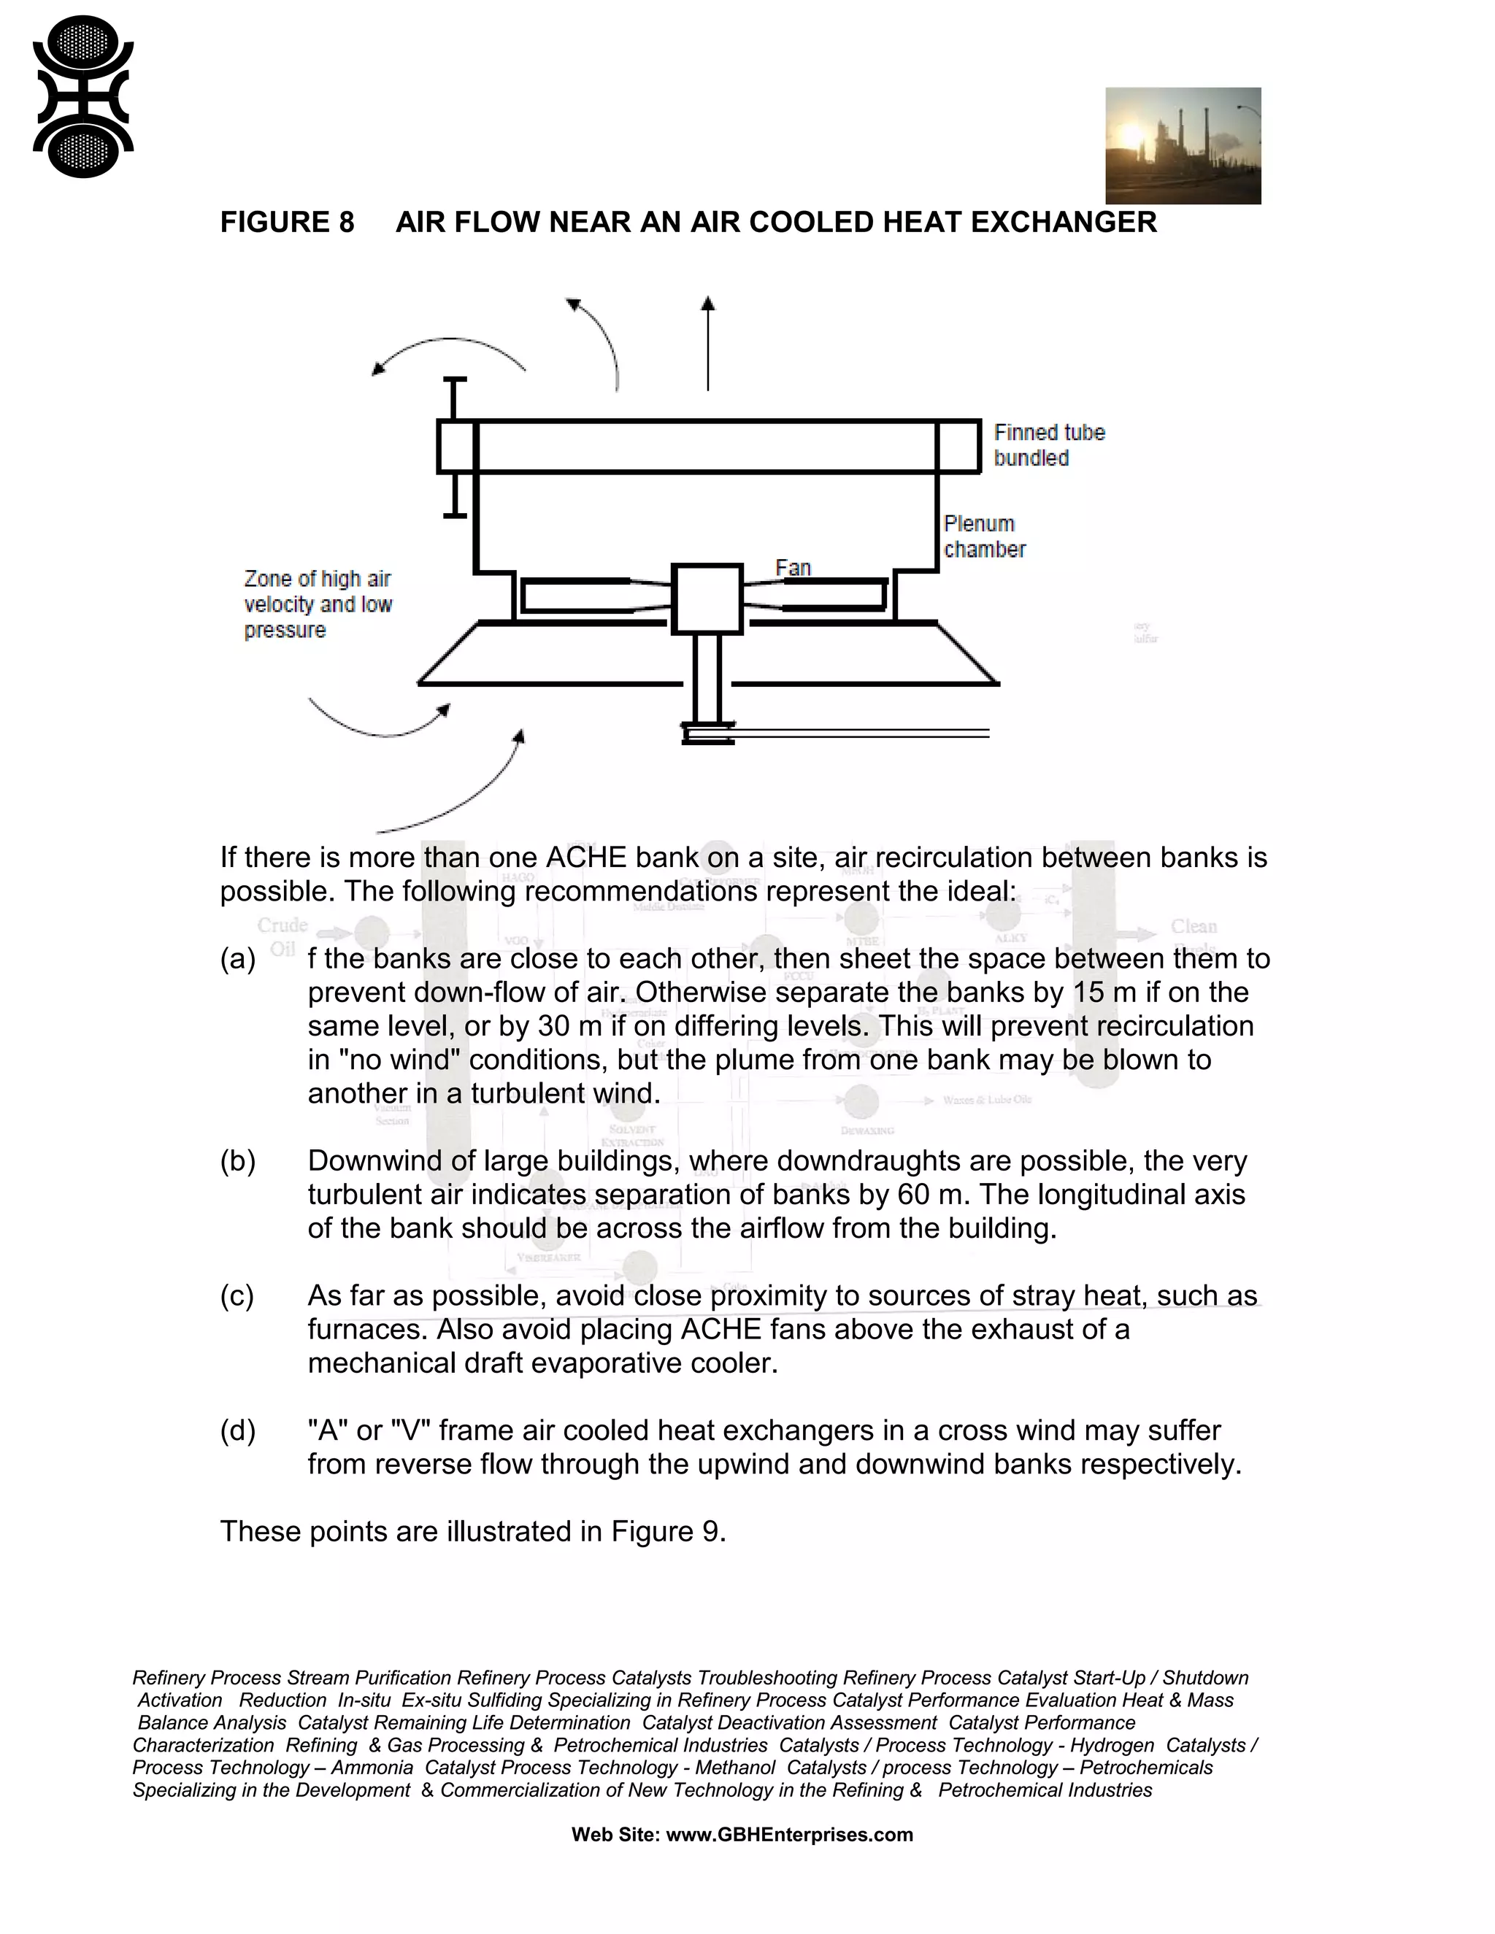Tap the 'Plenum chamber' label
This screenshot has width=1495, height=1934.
tap(983, 536)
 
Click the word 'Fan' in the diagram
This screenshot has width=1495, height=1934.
tap(793, 568)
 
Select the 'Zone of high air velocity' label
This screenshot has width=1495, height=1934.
tap(317, 604)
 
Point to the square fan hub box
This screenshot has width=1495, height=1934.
tap(707, 599)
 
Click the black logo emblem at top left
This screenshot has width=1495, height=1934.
tap(82, 96)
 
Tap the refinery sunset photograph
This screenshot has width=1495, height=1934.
tap(1183, 146)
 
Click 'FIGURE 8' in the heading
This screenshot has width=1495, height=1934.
tap(287, 223)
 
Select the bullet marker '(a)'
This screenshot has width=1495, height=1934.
tap(237, 959)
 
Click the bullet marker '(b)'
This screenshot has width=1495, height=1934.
tap(237, 1161)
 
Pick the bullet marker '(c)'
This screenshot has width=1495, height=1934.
tap(237, 1295)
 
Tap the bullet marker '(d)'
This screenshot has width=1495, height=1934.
tap(237, 1430)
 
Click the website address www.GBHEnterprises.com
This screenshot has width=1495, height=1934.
tap(789, 1834)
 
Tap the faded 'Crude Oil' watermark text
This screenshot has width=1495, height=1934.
tap(283, 937)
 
